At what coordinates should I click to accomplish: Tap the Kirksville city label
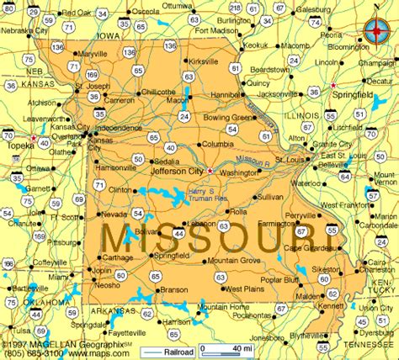pos(204,61)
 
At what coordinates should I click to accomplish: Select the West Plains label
pos(243,289)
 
